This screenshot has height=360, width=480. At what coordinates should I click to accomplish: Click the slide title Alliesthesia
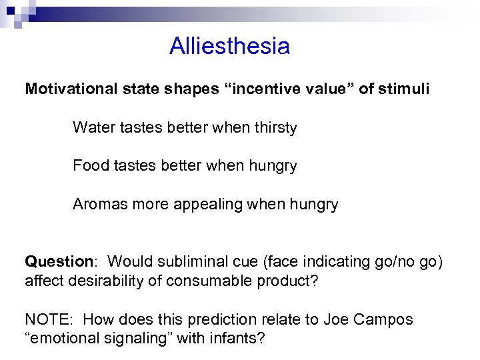tap(229, 47)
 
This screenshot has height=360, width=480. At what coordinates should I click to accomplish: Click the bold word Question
tap(58, 261)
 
